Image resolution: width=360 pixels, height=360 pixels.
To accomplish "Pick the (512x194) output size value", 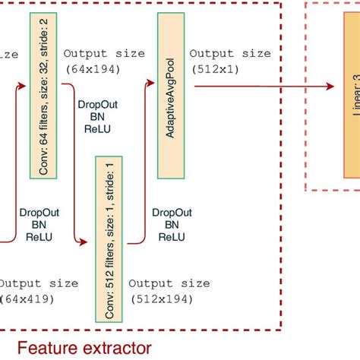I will [162, 299].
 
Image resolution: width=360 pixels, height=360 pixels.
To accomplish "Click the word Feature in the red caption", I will [46, 349].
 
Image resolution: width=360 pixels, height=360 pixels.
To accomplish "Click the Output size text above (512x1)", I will [229, 54].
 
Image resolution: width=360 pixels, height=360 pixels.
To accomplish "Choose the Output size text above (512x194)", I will [169, 284].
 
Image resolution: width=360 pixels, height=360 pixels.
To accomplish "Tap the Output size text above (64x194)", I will [104, 54].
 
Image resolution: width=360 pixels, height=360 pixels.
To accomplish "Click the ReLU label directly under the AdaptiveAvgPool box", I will [172, 237].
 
